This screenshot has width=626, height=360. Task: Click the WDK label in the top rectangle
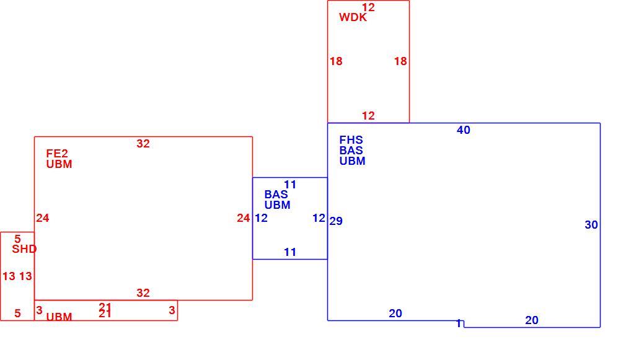(353, 17)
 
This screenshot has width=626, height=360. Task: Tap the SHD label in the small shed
(24, 249)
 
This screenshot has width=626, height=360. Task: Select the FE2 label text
(57, 153)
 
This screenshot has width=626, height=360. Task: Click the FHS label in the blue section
(351, 139)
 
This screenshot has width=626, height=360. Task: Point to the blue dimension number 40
(464, 130)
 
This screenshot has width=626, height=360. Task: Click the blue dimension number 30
(591, 225)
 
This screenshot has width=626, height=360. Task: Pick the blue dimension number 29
(336, 221)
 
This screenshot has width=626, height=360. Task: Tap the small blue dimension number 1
(459, 323)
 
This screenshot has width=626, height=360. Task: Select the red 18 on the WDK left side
(336, 61)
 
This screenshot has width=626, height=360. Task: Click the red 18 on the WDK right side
(400, 61)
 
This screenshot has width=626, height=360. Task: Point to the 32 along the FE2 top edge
(143, 143)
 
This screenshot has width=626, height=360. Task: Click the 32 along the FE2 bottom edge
(143, 293)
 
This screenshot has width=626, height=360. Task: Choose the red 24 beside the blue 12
(244, 218)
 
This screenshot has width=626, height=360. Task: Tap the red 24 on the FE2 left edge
(43, 218)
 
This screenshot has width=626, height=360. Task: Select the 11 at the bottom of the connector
(290, 252)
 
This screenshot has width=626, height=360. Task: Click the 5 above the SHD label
(17, 239)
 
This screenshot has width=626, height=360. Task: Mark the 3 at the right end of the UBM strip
(172, 310)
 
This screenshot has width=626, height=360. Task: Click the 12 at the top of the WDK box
(369, 7)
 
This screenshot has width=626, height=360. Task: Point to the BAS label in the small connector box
(276, 195)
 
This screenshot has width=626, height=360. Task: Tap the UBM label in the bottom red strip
(59, 317)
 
